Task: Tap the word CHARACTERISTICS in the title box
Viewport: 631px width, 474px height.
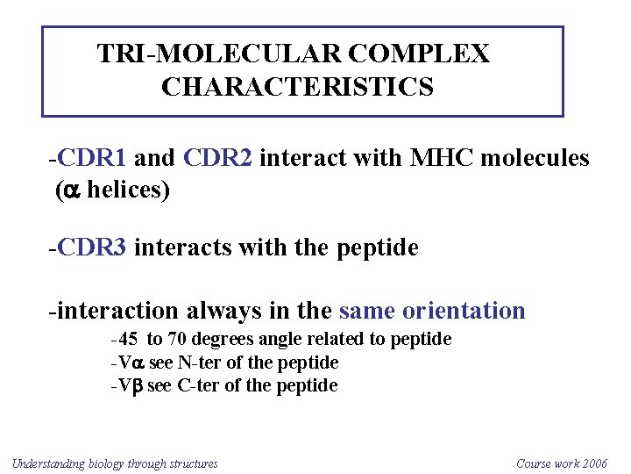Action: tap(297, 88)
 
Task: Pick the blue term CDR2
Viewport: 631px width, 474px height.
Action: tap(218, 158)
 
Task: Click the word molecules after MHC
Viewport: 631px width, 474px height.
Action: tap(535, 158)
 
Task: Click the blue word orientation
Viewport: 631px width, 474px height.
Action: tap(464, 311)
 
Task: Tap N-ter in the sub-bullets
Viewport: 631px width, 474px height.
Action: tap(198, 363)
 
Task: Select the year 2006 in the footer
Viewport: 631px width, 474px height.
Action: tap(592, 463)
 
